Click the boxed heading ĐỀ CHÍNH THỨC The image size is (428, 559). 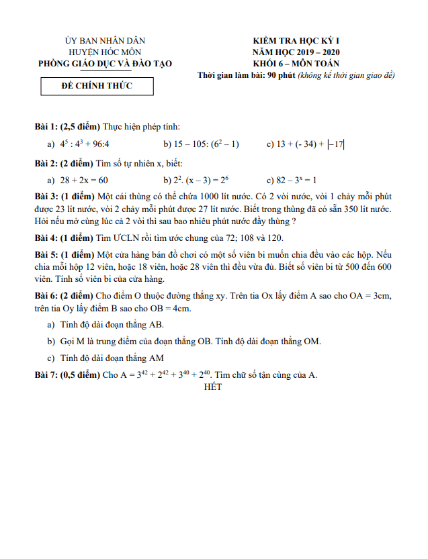(x=97, y=86)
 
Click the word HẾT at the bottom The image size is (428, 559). (x=212, y=387)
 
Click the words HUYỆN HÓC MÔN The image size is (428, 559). (x=105, y=52)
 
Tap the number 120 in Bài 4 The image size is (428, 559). (x=274, y=238)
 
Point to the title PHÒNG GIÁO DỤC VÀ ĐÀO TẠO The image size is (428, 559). (x=105, y=63)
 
